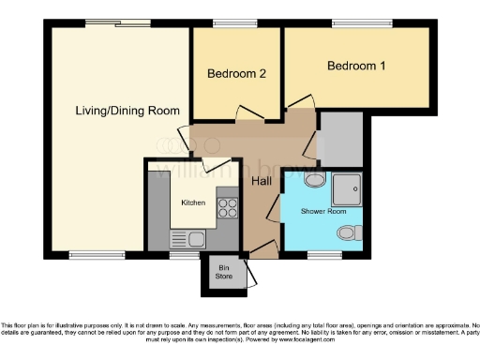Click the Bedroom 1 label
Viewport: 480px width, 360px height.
click(356, 67)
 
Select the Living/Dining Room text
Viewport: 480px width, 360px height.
click(127, 111)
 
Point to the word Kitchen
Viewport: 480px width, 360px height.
click(194, 202)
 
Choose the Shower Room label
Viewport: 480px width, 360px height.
click(322, 212)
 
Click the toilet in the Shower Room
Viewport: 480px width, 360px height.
click(350, 232)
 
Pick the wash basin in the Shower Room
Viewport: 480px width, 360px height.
click(316, 182)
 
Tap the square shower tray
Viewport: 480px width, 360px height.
click(348, 190)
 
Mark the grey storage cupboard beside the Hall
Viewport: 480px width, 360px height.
click(339, 138)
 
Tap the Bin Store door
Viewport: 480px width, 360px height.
click(248, 274)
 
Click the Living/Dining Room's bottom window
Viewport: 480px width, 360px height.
click(97, 254)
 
